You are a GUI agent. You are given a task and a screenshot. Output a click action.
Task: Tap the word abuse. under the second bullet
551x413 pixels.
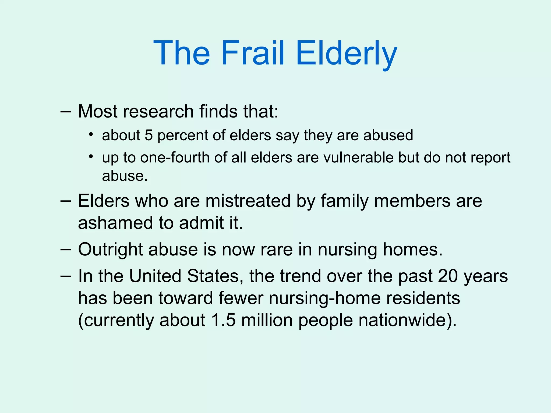point(125,176)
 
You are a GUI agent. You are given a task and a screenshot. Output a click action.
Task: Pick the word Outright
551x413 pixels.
point(110,250)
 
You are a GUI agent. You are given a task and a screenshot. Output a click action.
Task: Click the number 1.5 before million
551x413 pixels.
point(223,320)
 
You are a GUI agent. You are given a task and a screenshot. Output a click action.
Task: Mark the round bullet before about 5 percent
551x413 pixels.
point(91,134)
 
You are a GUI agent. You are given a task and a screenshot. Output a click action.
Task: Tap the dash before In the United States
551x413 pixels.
point(66,276)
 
